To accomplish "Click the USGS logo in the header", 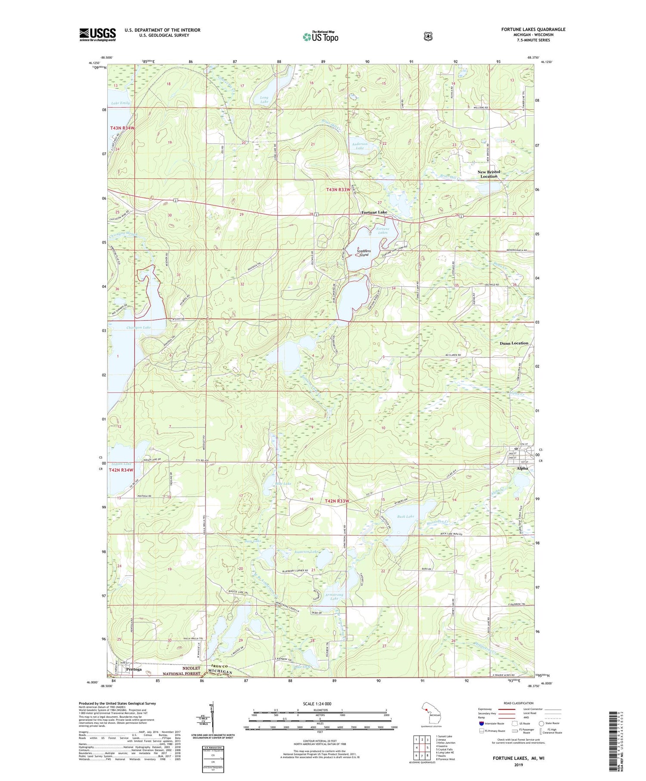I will coord(98,34).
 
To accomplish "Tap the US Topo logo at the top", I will coord(320,37).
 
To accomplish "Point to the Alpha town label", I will coord(522,468).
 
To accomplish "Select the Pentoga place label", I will coord(134,669).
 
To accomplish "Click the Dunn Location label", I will coord(514,343).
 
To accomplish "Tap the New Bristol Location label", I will coord(489,174).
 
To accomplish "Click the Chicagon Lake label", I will coord(139,327).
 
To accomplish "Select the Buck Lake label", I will coord(405,516).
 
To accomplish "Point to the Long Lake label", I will coord(264,100).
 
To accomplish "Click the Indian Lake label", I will coord(121,464).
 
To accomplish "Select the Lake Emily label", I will coord(120,103).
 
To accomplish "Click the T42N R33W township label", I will coord(337,501).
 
